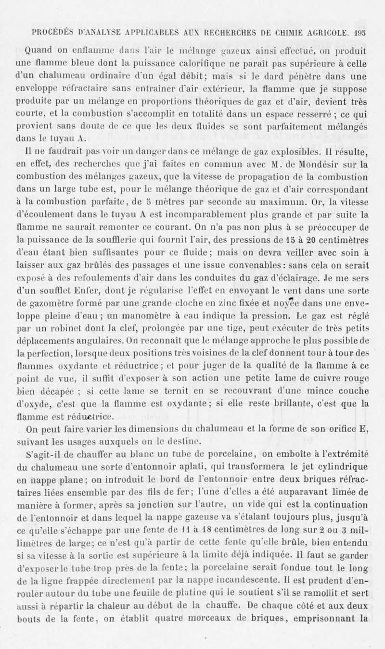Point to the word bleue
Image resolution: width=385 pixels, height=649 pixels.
(x=115, y=61)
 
